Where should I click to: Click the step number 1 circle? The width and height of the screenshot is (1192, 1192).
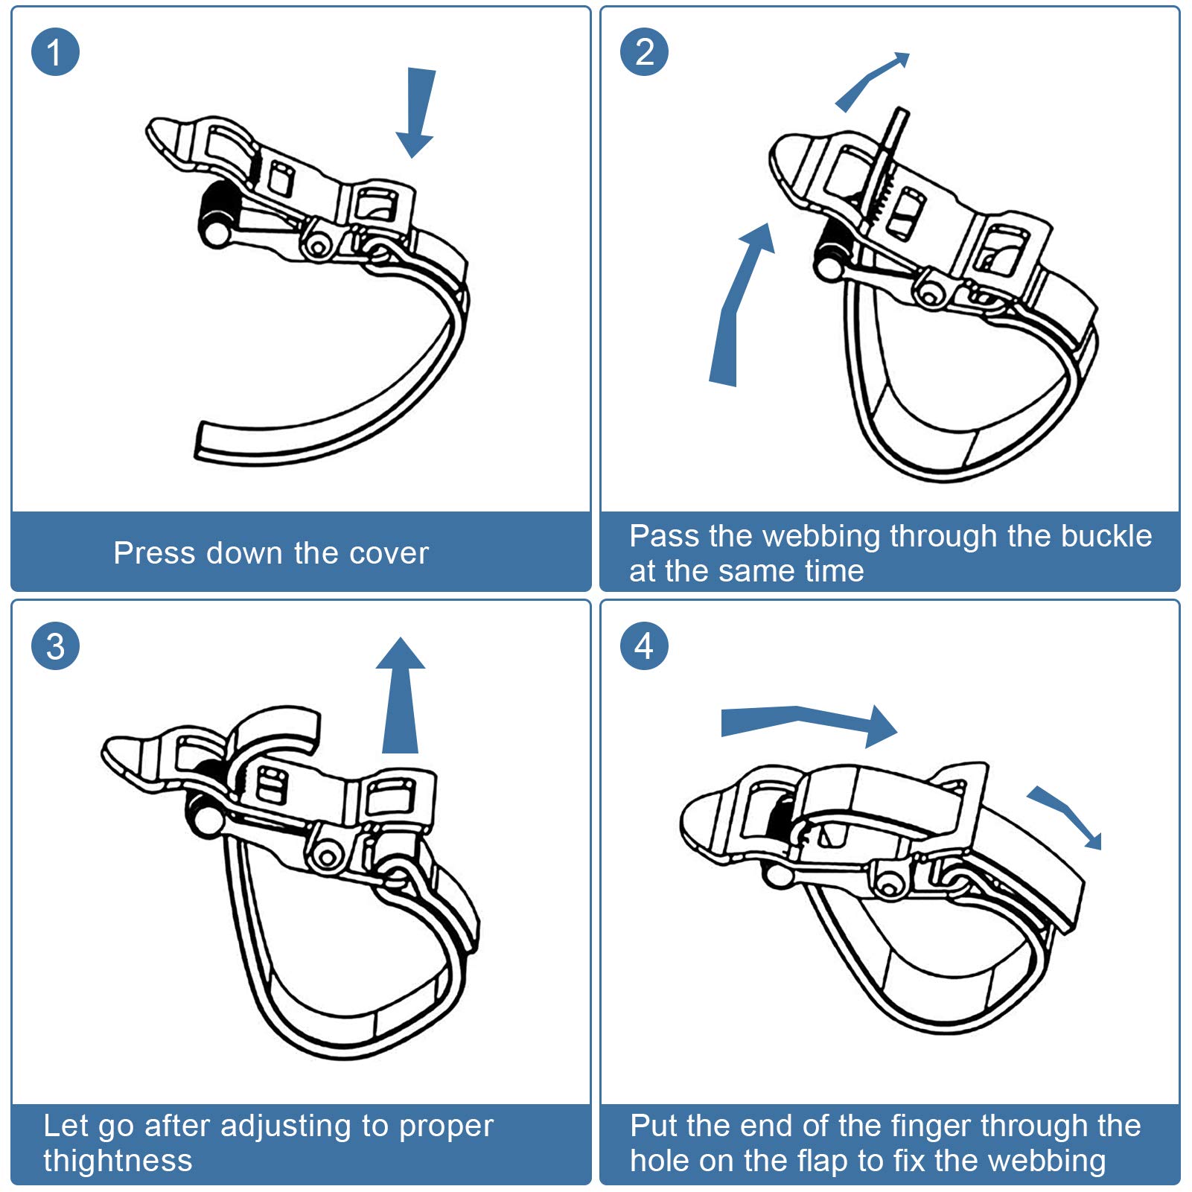(55, 52)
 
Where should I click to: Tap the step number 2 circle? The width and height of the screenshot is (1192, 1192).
(644, 52)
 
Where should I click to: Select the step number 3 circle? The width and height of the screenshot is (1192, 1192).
(55, 646)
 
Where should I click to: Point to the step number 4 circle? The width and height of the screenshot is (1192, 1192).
(644, 646)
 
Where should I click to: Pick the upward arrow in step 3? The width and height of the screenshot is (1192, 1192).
(401, 695)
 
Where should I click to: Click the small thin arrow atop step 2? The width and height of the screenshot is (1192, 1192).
(872, 81)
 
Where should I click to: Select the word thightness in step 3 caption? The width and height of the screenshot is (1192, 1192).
(118, 1160)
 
